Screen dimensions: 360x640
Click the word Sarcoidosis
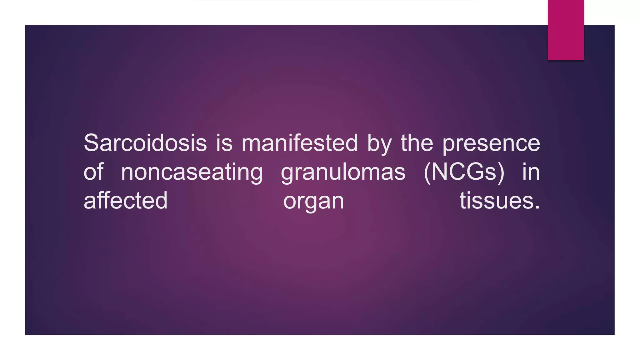point(145,143)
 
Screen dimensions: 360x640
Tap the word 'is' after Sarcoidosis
point(224,143)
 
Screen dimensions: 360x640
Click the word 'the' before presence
point(417,143)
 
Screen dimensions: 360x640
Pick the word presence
point(491,144)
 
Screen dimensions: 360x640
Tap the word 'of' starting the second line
point(93,172)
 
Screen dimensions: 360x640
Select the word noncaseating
point(192,173)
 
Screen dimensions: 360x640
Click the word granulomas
point(343,173)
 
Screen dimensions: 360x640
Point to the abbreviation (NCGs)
point(464,172)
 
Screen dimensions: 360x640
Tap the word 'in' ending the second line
point(531,172)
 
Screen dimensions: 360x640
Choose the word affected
point(126,201)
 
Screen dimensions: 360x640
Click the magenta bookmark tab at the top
point(566,30)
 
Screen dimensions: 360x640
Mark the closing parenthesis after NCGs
point(501,172)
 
